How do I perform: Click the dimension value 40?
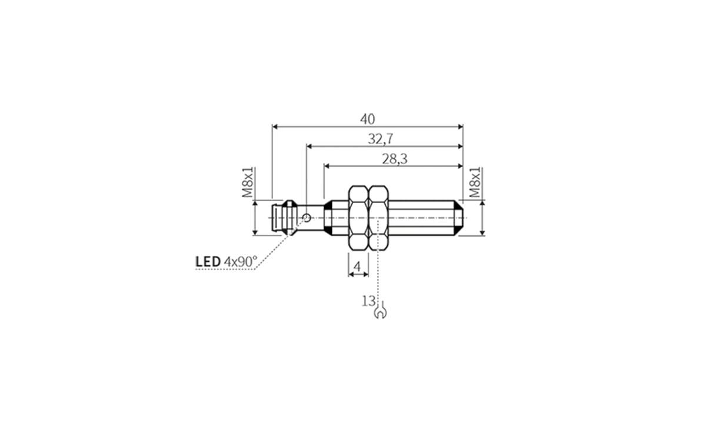coord(367,119)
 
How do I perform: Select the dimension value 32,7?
coord(381,139)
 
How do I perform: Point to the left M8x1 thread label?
coord(249,182)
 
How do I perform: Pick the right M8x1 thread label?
coord(475,183)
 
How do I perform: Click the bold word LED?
coord(208,261)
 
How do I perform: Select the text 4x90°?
coord(241,261)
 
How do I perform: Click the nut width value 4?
coord(357,268)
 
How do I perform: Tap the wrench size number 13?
coord(368,301)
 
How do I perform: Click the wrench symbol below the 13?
coord(381,312)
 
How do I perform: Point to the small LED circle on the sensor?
coord(307,218)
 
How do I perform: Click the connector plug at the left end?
coord(281,218)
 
